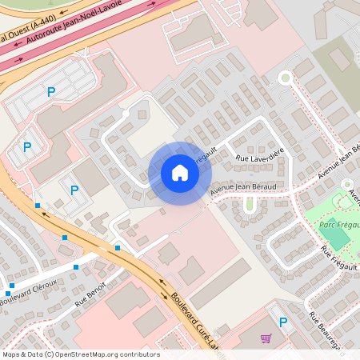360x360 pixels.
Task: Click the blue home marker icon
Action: coord(180,173)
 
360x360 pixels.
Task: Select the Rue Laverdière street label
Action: coord(260,158)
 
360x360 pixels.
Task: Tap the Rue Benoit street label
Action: coord(91,298)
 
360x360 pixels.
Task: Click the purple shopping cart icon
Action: coord(266,338)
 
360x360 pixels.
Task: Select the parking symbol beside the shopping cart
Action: coord(282,322)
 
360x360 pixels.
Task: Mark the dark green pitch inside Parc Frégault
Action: coord(338,238)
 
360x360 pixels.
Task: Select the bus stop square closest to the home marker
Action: coord(118,248)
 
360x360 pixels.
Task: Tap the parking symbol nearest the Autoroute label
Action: coord(51,92)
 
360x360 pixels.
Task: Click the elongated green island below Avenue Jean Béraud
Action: coord(249,204)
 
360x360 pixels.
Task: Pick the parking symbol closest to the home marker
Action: coord(74,190)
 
